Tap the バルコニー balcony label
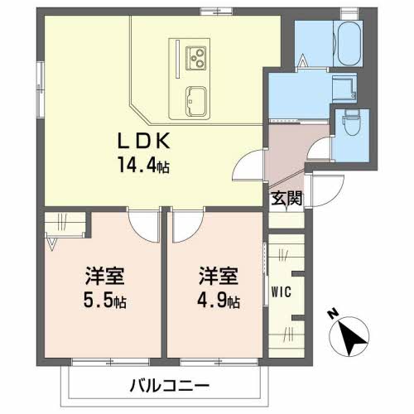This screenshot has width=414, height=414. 170,385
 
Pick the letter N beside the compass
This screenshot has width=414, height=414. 332,315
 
